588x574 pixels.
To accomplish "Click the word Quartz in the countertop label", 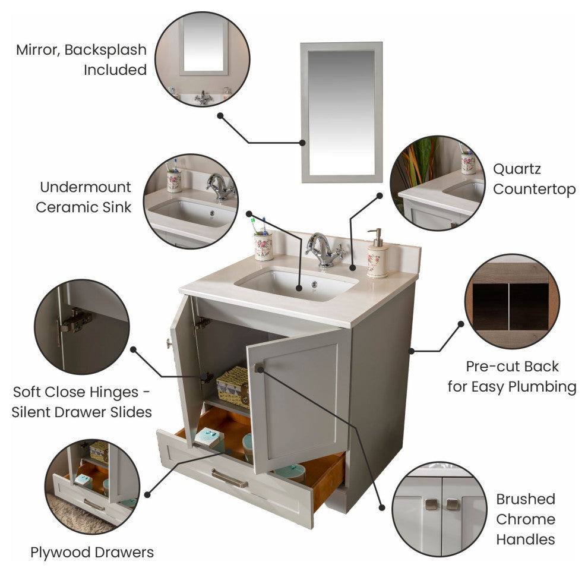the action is pyautogui.click(x=517, y=169).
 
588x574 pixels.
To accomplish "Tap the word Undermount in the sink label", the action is pyautogui.click(x=86, y=187).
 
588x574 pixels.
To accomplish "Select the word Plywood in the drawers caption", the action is pyautogui.click(x=61, y=552).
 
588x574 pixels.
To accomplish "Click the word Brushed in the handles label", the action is pyautogui.click(x=526, y=499).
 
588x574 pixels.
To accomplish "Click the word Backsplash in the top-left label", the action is pyautogui.click(x=105, y=49).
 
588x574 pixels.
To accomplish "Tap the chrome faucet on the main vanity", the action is pyautogui.click(x=324, y=249).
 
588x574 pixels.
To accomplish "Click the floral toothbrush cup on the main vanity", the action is pyautogui.click(x=264, y=247).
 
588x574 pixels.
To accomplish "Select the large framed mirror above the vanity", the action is pyautogui.click(x=342, y=112).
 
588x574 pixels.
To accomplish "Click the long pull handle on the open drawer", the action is pyautogui.click(x=230, y=478).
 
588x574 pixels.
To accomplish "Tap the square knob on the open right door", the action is pyautogui.click(x=259, y=368).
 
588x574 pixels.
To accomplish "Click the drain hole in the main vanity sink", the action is pyautogui.click(x=314, y=285).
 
